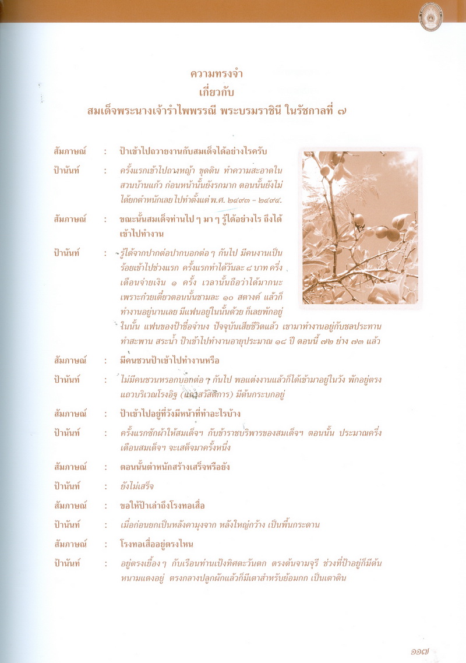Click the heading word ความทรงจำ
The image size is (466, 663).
point(217,74)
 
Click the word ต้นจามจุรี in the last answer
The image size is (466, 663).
point(321,563)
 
